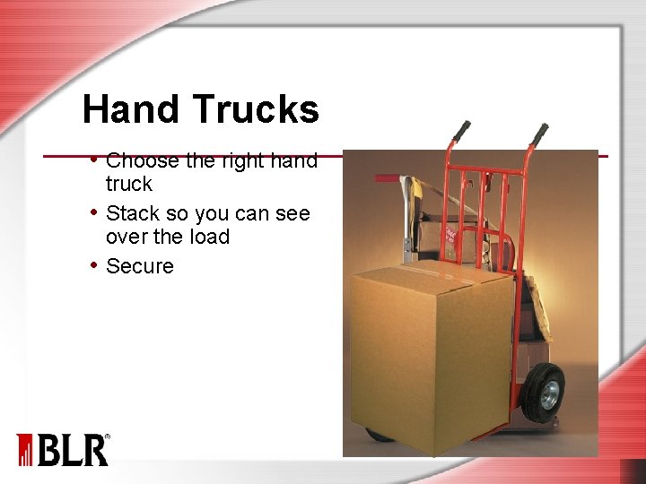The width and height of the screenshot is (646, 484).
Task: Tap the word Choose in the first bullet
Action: tap(142, 161)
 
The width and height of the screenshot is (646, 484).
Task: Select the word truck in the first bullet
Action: tap(129, 185)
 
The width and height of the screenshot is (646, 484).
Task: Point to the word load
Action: tap(210, 238)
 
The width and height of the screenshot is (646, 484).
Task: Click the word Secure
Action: tap(140, 266)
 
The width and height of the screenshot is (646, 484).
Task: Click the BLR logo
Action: tap(74, 449)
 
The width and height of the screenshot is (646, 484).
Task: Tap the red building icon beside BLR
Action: tap(24, 450)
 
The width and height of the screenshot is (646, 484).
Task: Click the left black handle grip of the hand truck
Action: tap(461, 132)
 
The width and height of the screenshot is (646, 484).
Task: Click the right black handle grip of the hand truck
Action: tap(539, 134)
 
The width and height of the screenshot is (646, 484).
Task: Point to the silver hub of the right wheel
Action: tap(550, 394)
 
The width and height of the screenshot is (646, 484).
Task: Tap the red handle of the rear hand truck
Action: tap(387, 178)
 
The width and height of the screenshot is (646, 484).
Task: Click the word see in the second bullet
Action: tap(292, 214)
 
